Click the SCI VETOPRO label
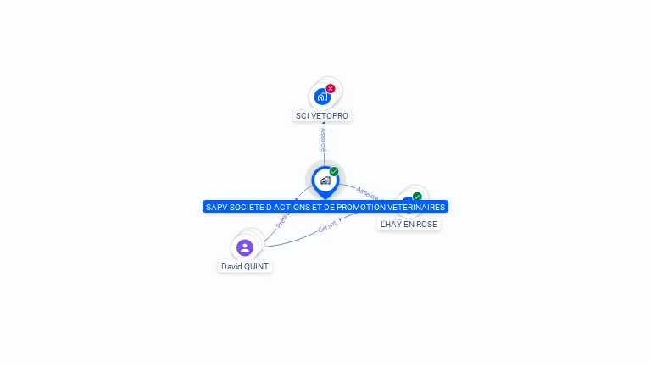click(x=322, y=115)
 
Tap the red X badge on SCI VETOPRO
click(x=331, y=88)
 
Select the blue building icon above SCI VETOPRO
click(x=321, y=97)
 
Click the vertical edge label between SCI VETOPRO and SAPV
click(x=323, y=140)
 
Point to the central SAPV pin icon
click(x=325, y=180)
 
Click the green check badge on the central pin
click(x=334, y=171)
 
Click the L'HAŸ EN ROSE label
click(x=409, y=224)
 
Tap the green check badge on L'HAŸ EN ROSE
click(x=417, y=197)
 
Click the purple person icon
click(x=245, y=247)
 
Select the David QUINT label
click(x=245, y=266)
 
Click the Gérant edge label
click(x=327, y=227)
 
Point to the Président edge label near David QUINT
click(x=282, y=220)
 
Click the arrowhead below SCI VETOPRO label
click(x=323, y=124)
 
